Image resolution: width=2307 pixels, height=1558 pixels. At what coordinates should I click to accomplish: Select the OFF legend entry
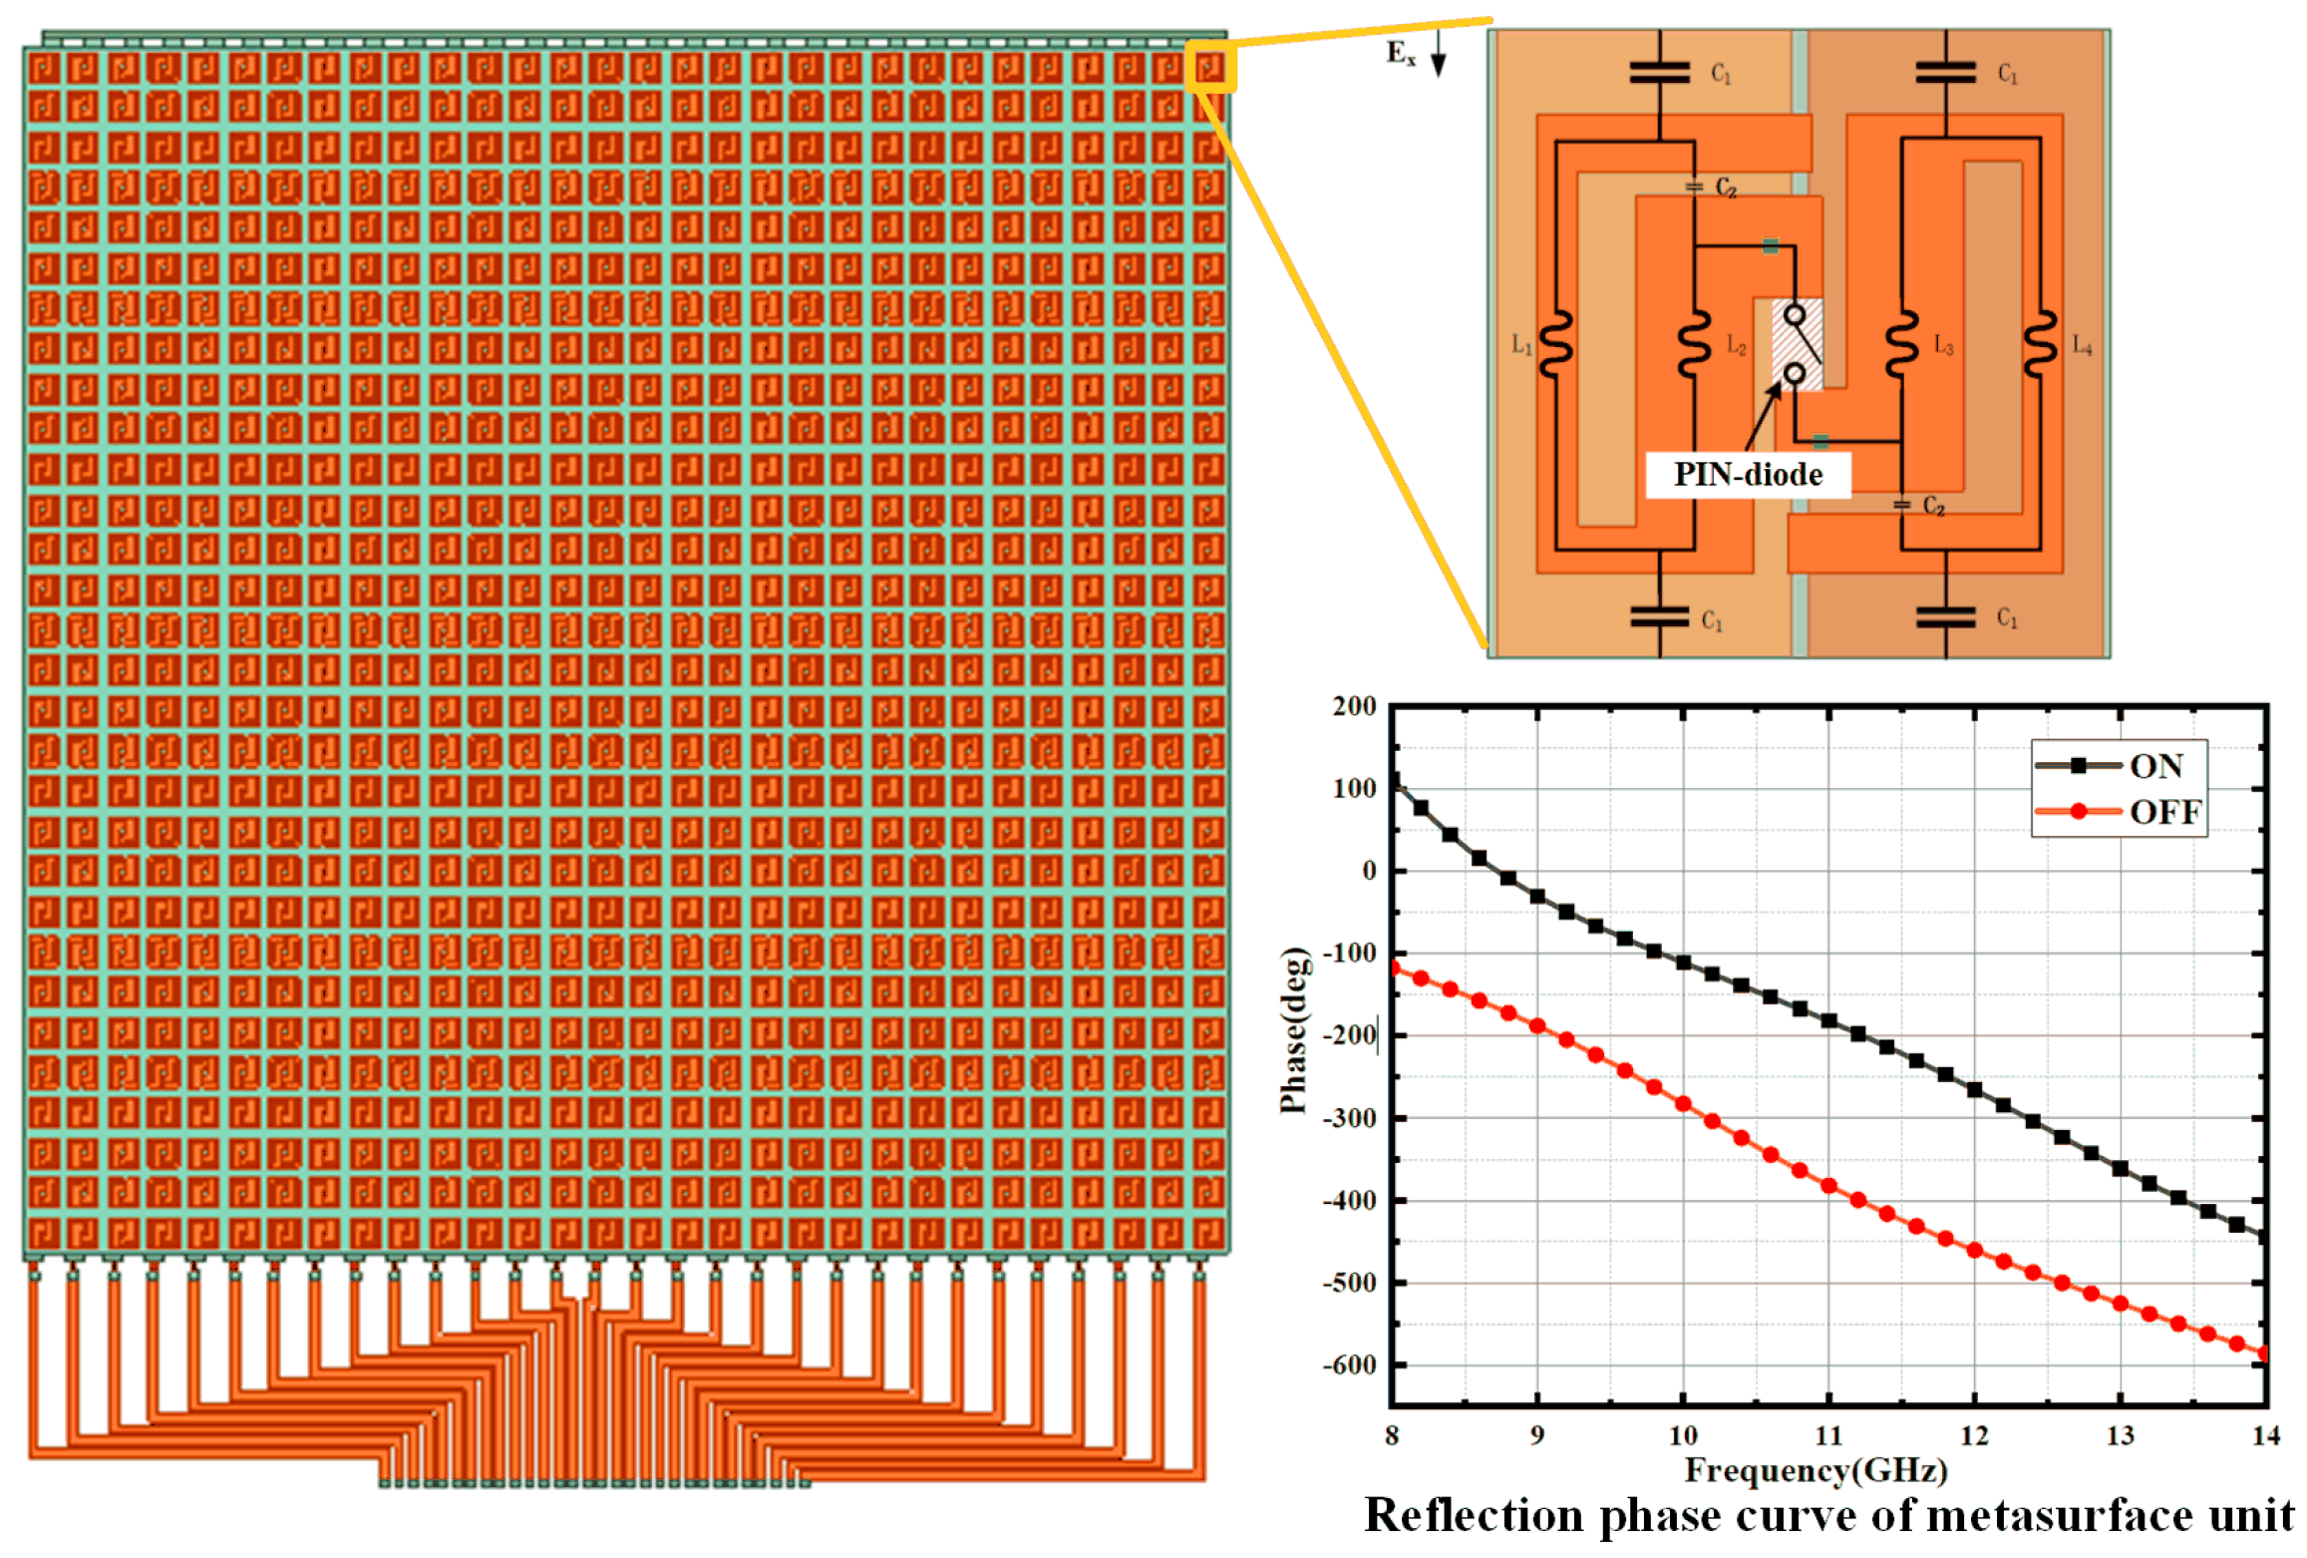(2163, 812)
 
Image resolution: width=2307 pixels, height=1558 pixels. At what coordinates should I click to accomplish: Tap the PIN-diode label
(1747, 475)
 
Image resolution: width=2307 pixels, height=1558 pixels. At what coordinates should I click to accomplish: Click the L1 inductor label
(1521, 345)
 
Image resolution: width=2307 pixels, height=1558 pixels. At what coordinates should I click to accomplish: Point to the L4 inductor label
(2082, 345)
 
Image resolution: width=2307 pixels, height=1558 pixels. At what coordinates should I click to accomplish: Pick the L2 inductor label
(1736, 345)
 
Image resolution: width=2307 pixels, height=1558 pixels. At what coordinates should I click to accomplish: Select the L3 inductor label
(1943, 345)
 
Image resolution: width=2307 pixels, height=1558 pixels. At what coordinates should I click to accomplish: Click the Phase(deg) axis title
(1293, 1029)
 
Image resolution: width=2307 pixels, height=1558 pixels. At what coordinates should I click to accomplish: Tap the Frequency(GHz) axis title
(1815, 1470)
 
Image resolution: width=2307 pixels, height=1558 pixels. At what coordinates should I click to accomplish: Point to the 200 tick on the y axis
(1354, 706)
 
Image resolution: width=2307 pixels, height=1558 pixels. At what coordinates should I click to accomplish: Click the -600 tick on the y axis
(1350, 1364)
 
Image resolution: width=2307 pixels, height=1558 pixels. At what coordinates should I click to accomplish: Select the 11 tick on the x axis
(1828, 1435)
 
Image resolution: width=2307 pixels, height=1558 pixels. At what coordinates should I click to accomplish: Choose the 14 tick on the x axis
(2265, 1435)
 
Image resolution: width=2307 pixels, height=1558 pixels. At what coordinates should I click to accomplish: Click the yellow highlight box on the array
(1210, 67)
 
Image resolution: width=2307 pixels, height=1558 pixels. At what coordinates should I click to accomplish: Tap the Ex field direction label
(1400, 53)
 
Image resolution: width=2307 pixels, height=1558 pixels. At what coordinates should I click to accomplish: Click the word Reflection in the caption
(1474, 1516)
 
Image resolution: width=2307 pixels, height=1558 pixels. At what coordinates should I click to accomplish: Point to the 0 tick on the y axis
(1369, 871)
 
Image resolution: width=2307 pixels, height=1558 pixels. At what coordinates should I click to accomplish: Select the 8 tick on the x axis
(1392, 1435)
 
